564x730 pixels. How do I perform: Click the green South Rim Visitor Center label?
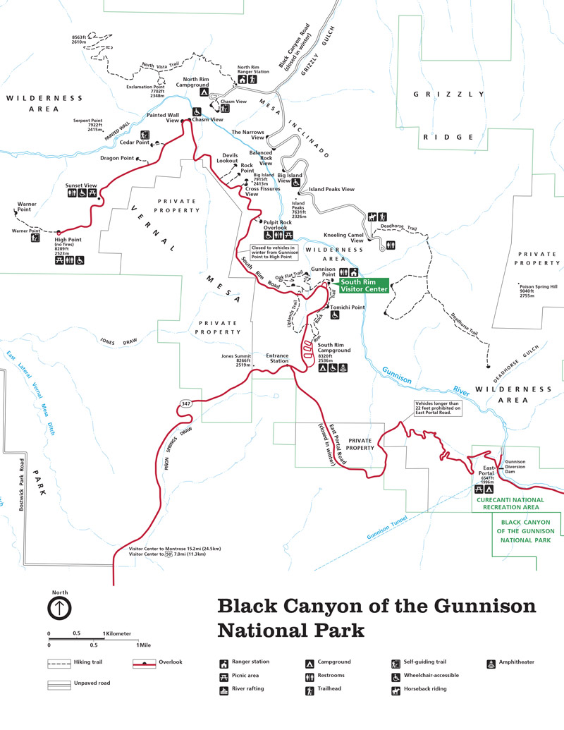pos(364,286)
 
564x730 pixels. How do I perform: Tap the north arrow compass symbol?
pos(59,607)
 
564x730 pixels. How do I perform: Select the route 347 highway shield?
pos(185,404)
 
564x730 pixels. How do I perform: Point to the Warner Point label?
pos(27,207)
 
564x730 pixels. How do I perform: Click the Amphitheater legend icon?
pos(491,663)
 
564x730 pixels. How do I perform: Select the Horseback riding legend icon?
pos(396,688)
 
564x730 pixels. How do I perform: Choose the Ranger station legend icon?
pos(223,663)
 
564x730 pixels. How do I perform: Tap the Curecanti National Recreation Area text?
pos(508,504)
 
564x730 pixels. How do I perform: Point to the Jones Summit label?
pos(236,360)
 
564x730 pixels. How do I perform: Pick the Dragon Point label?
pos(116,158)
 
